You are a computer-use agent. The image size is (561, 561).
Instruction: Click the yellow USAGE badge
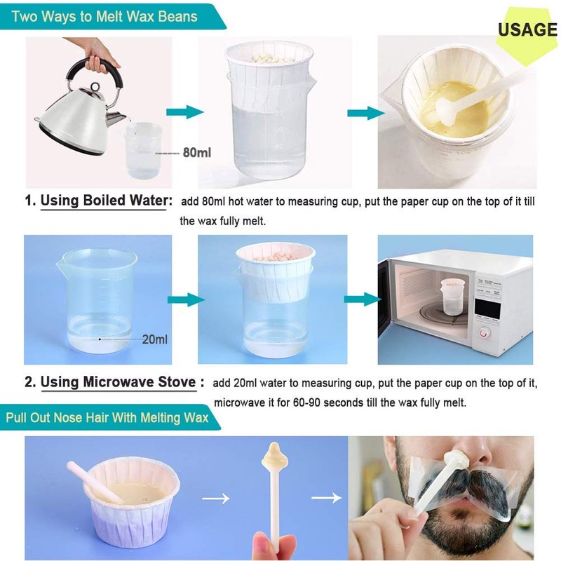coord(527,30)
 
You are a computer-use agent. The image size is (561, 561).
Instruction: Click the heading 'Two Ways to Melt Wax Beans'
coord(105,15)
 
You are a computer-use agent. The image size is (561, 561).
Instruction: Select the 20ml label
coord(155,339)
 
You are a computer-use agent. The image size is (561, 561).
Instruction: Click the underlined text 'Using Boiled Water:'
coord(106,201)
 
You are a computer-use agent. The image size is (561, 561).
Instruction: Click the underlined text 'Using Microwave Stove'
coord(118,382)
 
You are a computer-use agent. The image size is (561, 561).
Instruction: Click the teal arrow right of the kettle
coord(184,112)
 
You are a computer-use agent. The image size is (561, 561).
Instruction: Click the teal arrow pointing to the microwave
coord(361,299)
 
